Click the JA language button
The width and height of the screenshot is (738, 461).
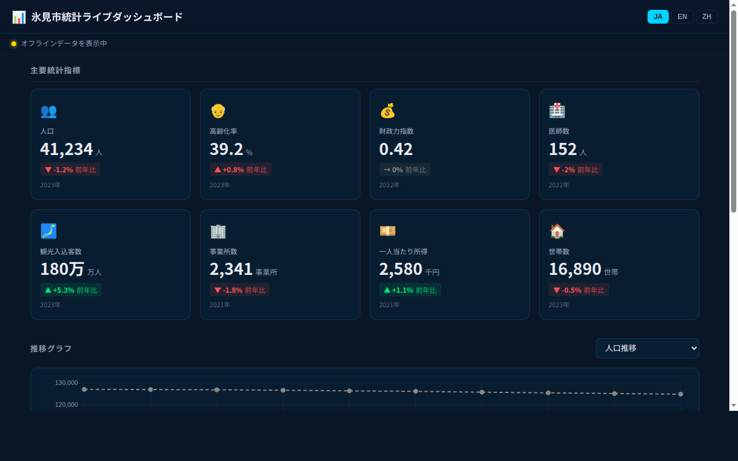click(658, 17)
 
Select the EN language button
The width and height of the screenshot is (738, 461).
click(682, 17)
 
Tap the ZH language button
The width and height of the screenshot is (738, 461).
click(706, 17)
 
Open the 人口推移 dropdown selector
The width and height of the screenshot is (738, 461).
click(647, 348)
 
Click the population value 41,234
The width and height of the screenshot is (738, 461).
click(66, 149)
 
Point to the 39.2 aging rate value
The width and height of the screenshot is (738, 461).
click(226, 149)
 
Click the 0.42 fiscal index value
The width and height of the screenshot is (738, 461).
click(396, 149)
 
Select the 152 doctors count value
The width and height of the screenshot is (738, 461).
click(563, 149)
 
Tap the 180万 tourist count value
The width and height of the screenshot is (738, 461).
click(62, 269)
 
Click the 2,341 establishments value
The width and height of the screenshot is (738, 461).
click(231, 269)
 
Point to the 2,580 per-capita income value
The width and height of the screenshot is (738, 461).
click(400, 269)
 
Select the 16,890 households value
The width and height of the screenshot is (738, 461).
click(575, 269)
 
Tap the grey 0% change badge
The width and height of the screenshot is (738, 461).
click(404, 169)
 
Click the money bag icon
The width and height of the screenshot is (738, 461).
click(387, 111)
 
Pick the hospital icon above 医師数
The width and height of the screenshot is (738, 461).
click(557, 111)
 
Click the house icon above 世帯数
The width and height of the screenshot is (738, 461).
click(557, 231)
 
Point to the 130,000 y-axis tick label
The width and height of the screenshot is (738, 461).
click(66, 383)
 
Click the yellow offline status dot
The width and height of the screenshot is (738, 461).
click(14, 44)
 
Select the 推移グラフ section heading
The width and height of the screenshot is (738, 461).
click(51, 348)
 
